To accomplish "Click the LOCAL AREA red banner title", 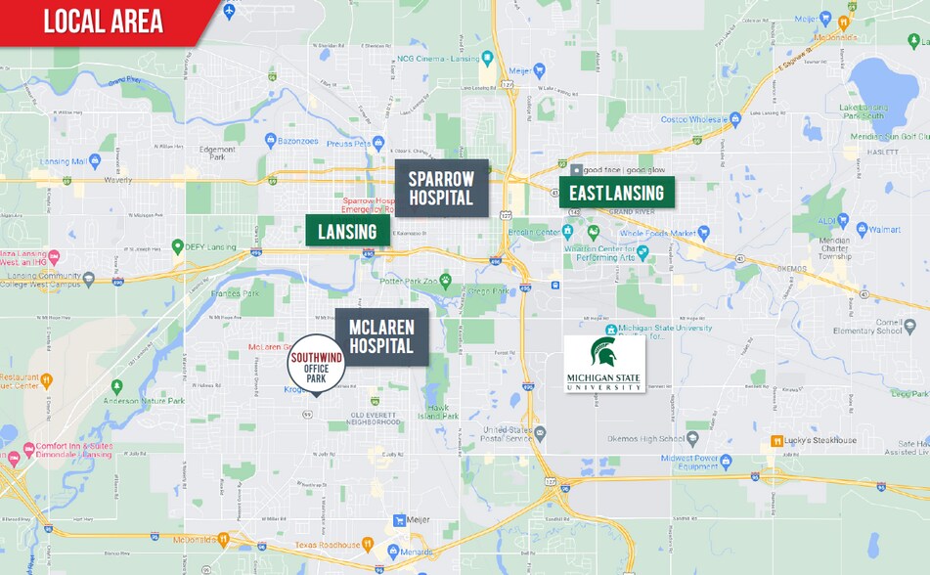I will pyautogui.click(x=103, y=22).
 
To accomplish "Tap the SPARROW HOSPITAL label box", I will pyautogui.click(x=441, y=188).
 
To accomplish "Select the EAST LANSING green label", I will pyautogui.click(x=616, y=193).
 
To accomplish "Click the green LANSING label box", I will pyautogui.click(x=347, y=231).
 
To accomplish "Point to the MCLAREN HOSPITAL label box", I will pyautogui.click(x=381, y=336).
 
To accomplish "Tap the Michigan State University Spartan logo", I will pyautogui.click(x=604, y=364).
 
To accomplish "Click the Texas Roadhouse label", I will pyautogui.click(x=328, y=543).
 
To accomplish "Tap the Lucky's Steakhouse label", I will pyautogui.click(x=819, y=440).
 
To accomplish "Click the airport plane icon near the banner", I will pyautogui.click(x=229, y=11).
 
